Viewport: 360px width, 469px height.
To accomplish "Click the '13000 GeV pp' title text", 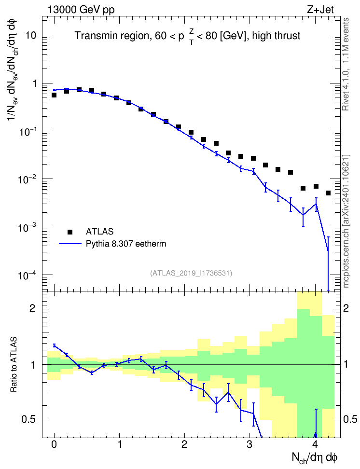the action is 81,10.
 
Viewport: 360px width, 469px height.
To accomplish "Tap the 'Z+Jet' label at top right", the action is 320,10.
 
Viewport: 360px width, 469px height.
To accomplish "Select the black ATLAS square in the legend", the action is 70,232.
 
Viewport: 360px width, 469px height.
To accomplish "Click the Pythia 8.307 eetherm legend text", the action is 125,244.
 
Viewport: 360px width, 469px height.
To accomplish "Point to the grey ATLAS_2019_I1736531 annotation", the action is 191,273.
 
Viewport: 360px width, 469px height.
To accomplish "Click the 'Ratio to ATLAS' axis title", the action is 14,364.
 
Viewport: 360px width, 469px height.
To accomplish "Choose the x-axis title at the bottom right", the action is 314,457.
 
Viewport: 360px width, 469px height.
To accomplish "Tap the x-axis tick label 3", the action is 249,444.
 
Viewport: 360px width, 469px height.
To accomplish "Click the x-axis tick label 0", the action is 54,444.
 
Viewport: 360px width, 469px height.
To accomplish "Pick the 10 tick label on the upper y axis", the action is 30,35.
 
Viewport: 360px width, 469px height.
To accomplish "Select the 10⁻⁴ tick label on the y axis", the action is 27,275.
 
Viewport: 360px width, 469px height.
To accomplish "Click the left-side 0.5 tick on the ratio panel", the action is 28,420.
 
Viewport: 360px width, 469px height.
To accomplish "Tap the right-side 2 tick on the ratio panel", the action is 346,308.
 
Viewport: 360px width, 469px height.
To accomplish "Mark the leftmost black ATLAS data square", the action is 54,95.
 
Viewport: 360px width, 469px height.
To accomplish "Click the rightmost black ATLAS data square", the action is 328,193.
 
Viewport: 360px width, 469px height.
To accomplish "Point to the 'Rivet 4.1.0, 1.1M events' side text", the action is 346,64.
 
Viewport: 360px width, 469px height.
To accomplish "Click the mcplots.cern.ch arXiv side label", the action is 346,221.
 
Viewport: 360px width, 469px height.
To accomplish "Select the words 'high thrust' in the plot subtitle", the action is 276,36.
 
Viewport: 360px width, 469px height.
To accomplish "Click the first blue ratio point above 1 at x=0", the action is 54,345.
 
